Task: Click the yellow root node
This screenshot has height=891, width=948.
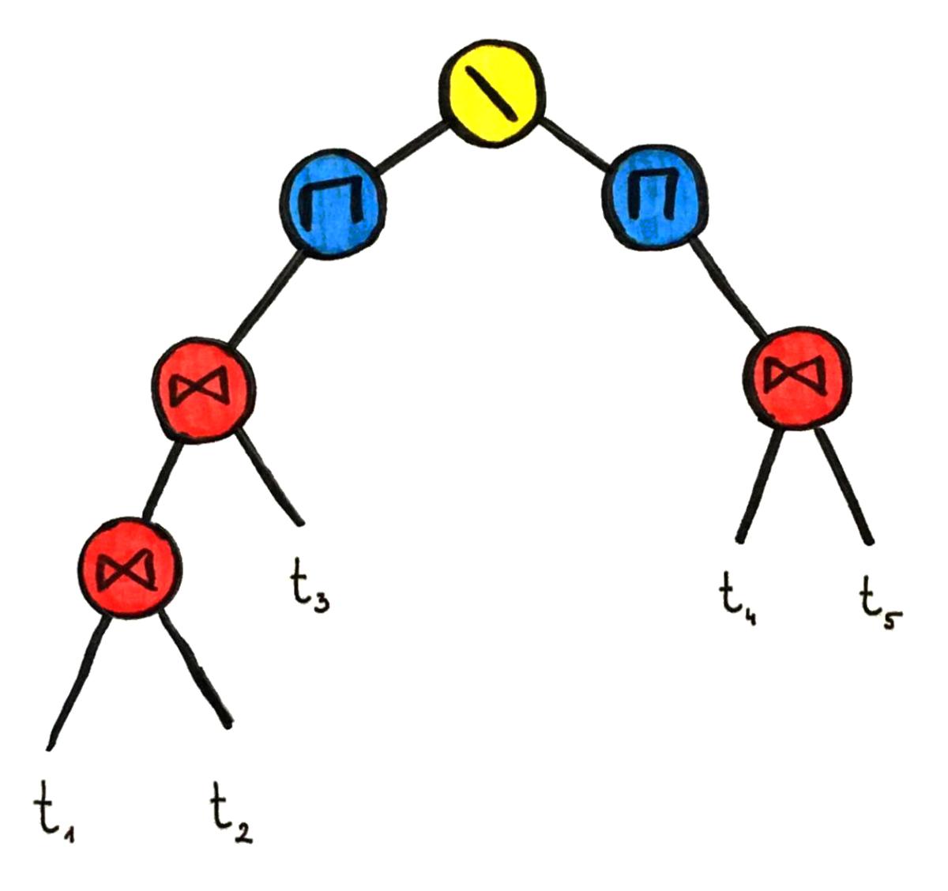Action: [491, 94]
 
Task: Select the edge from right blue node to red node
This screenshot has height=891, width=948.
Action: [727, 288]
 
